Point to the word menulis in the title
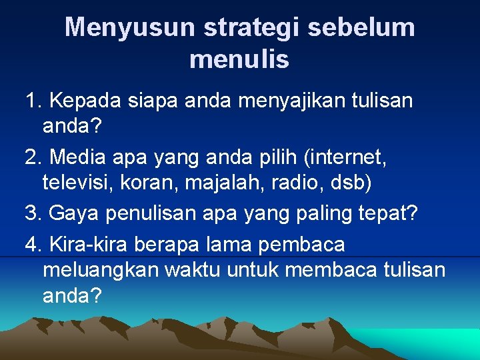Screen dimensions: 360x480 pos(239,59)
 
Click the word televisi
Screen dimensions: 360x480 pos(79,181)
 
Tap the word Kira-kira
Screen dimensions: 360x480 pos(89,245)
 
